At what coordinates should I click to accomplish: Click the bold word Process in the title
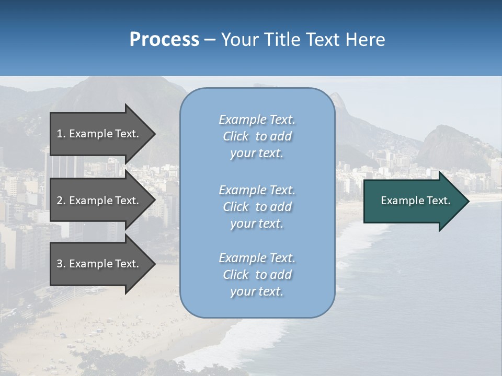tap(164, 40)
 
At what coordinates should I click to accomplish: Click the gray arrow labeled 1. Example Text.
tap(99, 134)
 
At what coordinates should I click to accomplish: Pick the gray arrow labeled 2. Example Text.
tap(99, 201)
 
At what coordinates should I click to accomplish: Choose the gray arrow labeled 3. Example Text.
tap(99, 264)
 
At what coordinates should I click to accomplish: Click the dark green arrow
tap(413, 201)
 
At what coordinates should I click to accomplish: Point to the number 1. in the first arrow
tap(61, 134)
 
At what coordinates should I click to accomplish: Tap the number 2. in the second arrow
tap(61, 201)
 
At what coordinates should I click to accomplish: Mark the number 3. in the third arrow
tap(61, 264)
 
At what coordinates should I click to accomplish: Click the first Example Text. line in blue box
tap(257, 120)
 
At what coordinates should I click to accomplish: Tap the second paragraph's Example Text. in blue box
tap(257, 190)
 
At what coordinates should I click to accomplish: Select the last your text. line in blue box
tap(257, 292)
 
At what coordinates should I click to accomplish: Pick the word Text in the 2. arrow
tap(127, 201)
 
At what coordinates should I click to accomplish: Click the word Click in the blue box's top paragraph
tap(236, 136)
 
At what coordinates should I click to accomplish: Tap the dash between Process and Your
tap(210, 40)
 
